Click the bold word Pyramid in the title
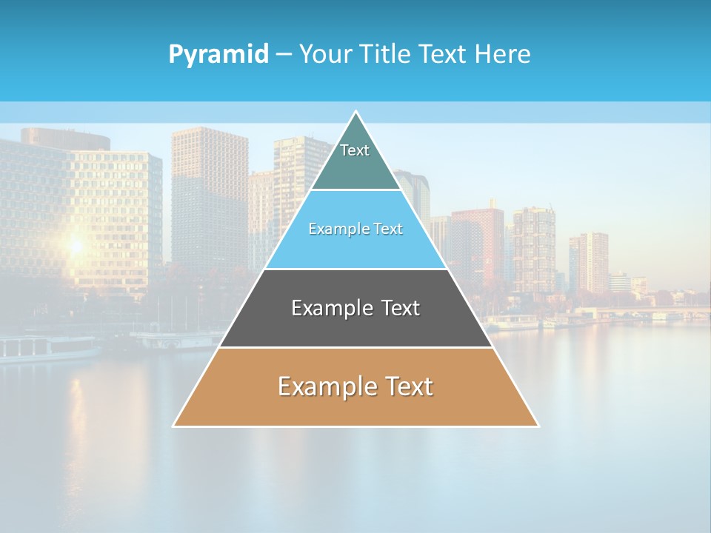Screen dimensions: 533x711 point(218,55)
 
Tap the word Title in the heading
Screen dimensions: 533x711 point(387,55)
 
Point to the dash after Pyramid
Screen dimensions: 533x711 point(284,55)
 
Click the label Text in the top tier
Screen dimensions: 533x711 point(355,150)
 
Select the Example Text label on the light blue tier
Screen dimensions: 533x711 point(355,229)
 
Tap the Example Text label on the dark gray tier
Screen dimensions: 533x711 point(355,308)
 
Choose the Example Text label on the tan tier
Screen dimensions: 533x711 point(355,386)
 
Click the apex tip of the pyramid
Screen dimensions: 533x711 point(356,112)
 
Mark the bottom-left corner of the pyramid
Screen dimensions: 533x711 point(174,426)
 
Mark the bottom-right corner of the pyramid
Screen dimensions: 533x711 point(538,426)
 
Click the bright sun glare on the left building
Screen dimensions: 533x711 point(75,244)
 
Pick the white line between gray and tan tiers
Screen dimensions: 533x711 point(355,347)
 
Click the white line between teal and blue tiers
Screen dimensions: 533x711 point(355,190)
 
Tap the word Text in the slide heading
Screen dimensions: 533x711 point(442,55)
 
